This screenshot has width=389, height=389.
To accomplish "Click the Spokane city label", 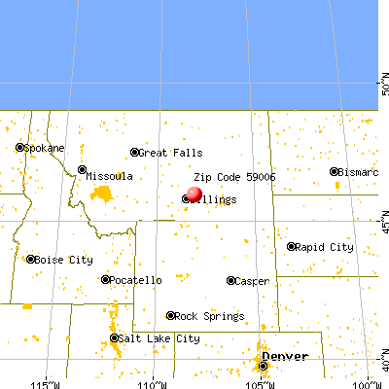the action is pos(44,148).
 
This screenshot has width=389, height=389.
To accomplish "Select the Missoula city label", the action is pos(109,176).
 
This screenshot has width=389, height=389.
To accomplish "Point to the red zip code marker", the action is pos(194,194).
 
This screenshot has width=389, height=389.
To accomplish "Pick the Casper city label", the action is pos(251,281).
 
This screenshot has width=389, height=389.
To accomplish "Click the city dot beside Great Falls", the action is pos(135,153).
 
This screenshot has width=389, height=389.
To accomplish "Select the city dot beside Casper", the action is pos(231,281).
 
